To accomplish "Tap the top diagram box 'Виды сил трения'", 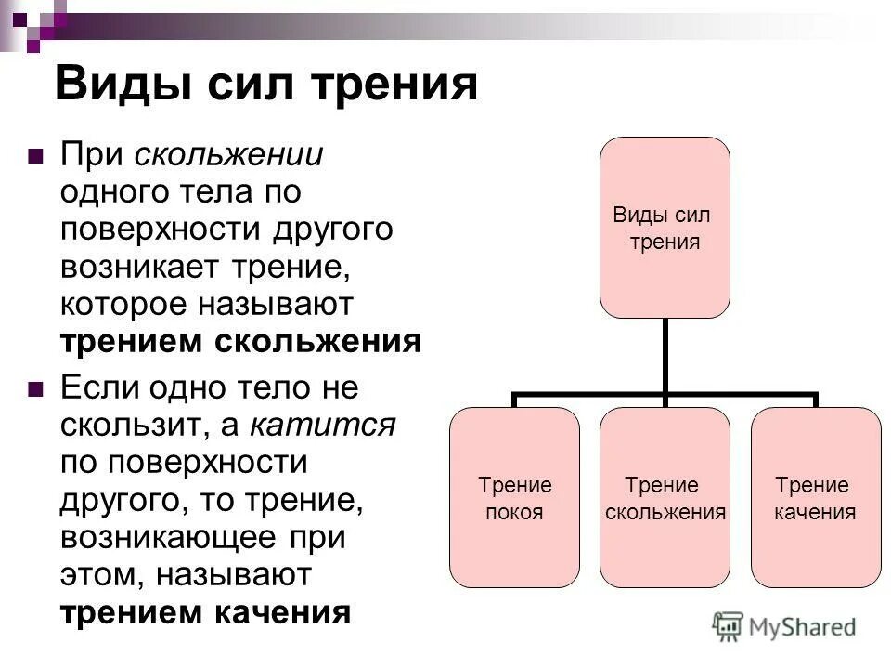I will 664,228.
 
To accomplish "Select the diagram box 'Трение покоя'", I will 514,497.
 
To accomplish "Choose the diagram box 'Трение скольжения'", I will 664,497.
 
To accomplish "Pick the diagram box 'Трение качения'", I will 815,497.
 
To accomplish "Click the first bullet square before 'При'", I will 37,154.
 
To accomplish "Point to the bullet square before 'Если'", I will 37,387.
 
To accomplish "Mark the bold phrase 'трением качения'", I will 206,613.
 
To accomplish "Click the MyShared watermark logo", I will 784,626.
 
